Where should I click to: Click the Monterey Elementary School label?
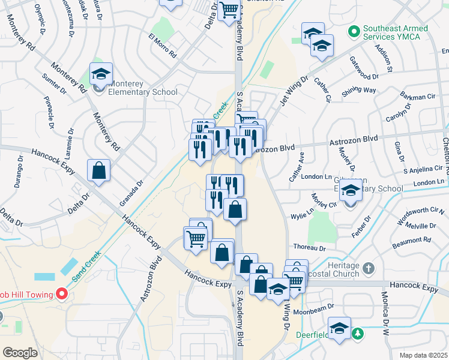point(143,88)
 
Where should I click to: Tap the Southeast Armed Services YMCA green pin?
point(355,30)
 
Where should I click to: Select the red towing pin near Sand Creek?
point(61,293)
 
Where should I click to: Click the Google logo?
point(20,352)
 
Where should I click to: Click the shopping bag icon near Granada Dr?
point(98,170)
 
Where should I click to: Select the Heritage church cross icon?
point(369,266)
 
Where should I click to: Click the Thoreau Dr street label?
point(309,247)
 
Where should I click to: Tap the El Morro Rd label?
point(162,45)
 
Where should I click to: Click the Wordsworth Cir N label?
point(424,211)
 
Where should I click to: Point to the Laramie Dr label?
point(71,139)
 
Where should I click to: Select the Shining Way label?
point(359,90)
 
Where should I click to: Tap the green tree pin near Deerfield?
point(358,333)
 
